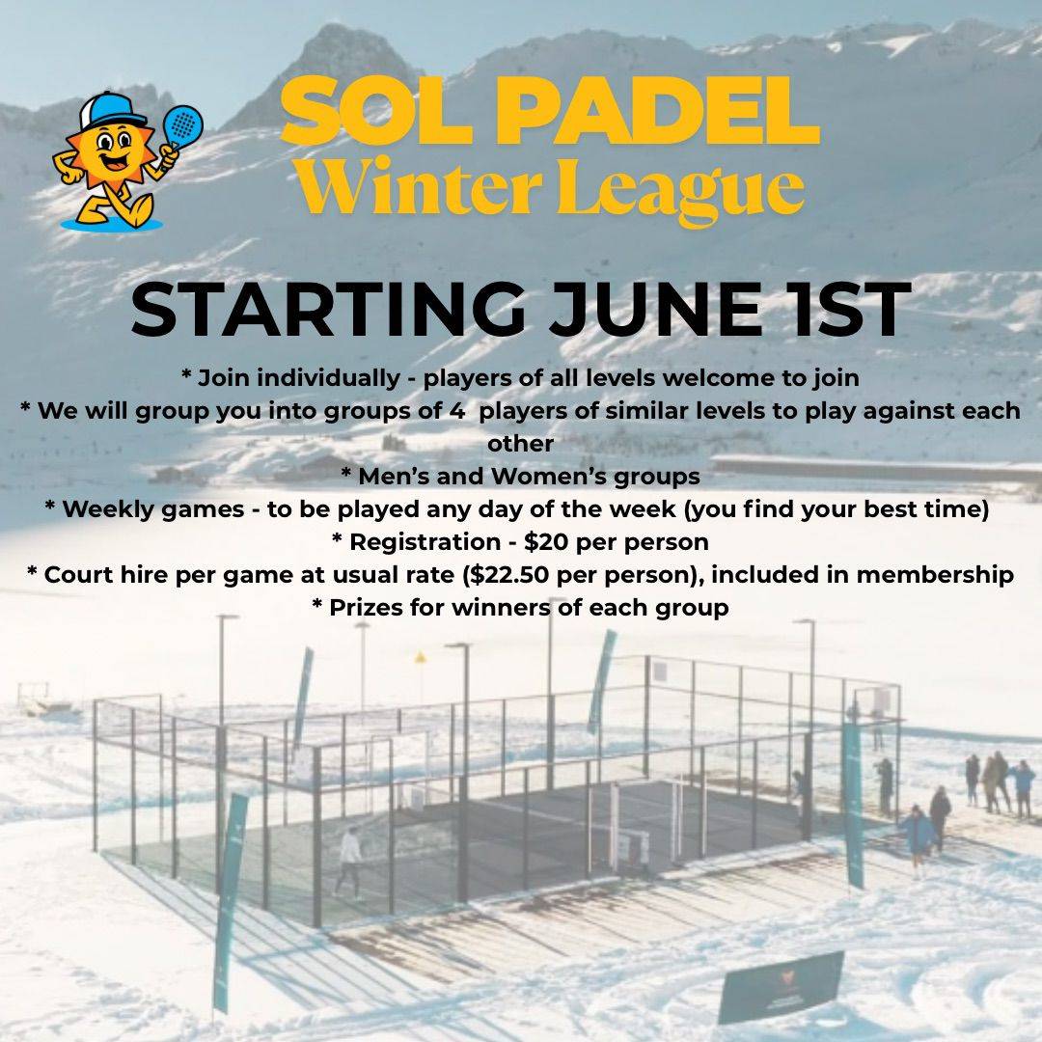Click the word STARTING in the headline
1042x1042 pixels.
(329, 310)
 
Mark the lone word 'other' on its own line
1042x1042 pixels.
(520, 443)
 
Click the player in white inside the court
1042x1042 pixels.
(349, 862)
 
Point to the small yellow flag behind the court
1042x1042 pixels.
(420, 658)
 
